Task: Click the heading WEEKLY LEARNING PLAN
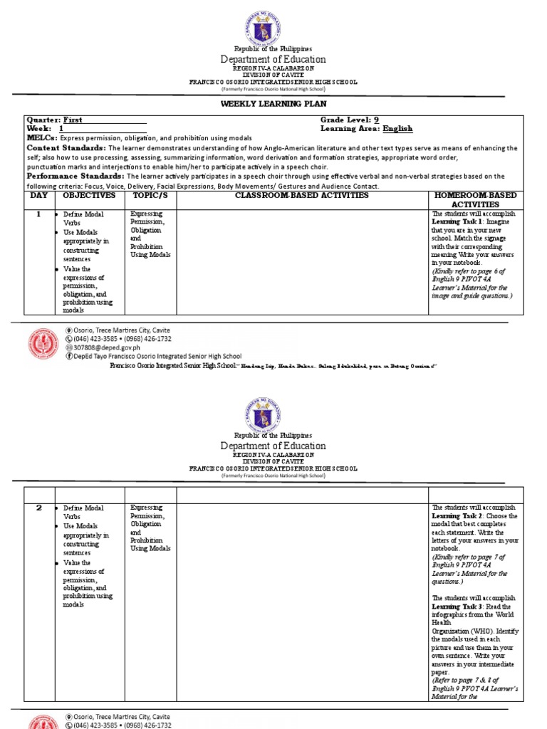tap(273, 104)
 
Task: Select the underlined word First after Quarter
tap(73, 120)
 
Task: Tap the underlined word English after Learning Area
tap(397, 129)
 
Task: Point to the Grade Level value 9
tap(375, 120)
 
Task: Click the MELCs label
tap(42, 137)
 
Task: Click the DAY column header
tap(40, 195)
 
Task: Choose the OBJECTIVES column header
tap(88, 195)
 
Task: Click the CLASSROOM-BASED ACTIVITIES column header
tap(301, 195)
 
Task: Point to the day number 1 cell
tap(40, 214)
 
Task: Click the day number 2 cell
tap(40, 508)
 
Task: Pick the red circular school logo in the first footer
tap(44, 343)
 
